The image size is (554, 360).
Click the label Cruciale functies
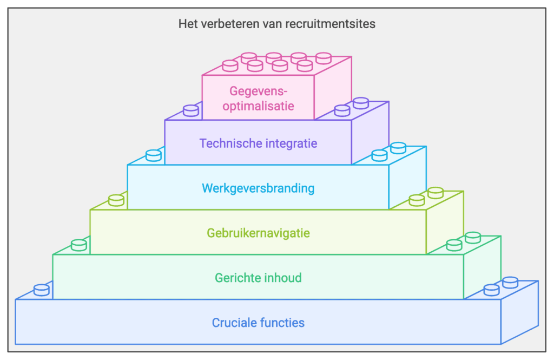(258, 323)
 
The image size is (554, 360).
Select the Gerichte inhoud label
(258, 278)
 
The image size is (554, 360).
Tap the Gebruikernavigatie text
(258, 233)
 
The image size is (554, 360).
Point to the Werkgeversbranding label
(258, 188)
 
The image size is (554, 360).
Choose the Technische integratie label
(258, 143)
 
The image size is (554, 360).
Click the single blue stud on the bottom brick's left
(42, 290)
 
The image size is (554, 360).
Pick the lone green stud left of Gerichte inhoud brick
(79, 245)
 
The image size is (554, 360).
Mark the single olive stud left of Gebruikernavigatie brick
(116, 200)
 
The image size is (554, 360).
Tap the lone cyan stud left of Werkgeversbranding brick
(154, 155)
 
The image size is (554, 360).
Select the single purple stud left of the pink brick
(191, 110)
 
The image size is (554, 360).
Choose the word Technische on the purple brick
(226, 143)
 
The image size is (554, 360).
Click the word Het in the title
(187, 24)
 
